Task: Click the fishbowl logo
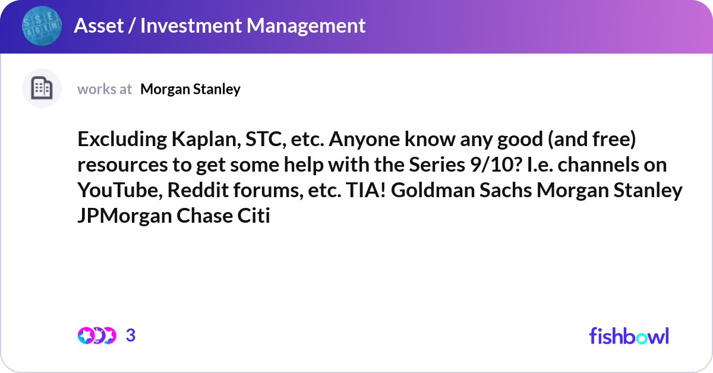click(629, 336)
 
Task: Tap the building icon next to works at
click(42, 88)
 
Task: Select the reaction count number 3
click(131, 336)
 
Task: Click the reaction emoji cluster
click(96, 336)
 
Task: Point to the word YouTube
click(119, 191)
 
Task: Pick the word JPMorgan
click(124, 216)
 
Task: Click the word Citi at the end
click(255, 216)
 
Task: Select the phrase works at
click(105, 89)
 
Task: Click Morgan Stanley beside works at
click(190, 89)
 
